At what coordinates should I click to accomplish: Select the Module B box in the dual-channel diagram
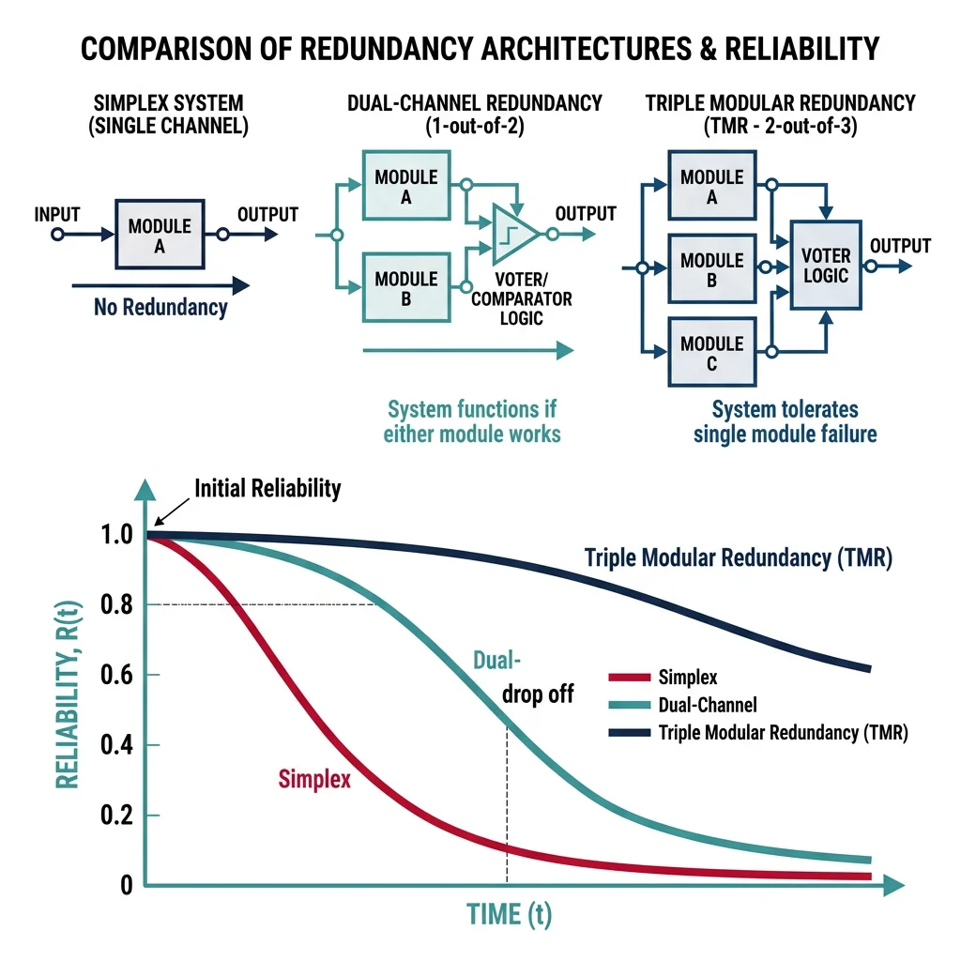405,288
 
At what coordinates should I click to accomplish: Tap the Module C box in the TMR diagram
711,352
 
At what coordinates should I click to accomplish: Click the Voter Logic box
826,265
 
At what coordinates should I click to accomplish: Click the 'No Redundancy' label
160,307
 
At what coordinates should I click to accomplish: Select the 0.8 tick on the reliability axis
120,605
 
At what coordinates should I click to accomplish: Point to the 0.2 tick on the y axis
120,815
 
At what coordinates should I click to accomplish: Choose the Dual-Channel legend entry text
709,705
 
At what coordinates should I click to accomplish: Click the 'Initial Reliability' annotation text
267,488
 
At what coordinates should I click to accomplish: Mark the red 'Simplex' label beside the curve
314,778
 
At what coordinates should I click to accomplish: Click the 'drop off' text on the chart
538,695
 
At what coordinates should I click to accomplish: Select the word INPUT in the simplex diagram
57,213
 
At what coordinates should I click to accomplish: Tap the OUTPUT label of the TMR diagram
900,246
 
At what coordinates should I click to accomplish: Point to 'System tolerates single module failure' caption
785,421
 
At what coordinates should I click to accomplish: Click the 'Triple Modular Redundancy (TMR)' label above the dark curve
738,557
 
